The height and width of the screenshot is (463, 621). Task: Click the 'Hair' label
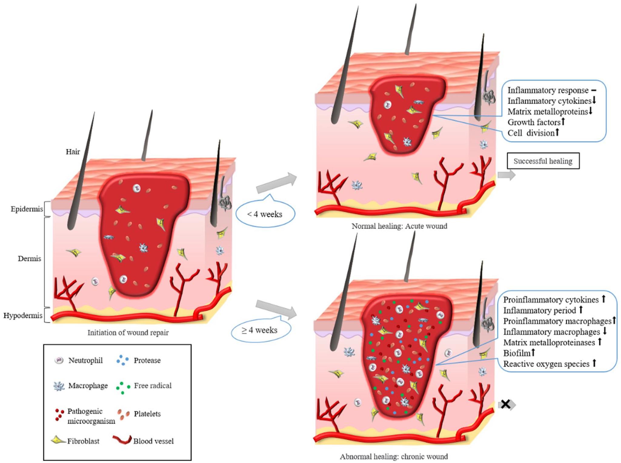pos(73,152)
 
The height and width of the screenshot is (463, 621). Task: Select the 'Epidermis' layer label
pos(27,209)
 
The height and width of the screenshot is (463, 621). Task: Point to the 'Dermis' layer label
pos(29,259)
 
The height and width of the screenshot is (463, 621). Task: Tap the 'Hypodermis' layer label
pos(23,316)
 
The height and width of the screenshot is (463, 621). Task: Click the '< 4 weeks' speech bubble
pos(265,214)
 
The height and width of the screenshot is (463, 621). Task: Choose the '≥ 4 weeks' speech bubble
pos(260,330)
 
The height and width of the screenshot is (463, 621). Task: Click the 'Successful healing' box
pos(543,161)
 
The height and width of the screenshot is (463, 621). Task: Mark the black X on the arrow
pos(505,404)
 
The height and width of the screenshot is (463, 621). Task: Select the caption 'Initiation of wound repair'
pos(128,332)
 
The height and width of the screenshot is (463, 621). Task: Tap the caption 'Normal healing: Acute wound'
pos(399,226)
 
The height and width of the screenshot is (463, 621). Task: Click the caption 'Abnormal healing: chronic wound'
pos(394,456)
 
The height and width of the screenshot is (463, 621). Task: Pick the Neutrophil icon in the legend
pos(59,360)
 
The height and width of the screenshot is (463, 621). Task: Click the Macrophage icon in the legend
pos(59,386)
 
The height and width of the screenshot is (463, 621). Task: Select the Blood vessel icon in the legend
pos(122,440)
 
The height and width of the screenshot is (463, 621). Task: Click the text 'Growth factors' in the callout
pos(534,122)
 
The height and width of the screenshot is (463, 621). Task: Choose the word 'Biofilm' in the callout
pos(517,353)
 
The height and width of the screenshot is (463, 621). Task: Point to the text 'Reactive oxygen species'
pos(546,364)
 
